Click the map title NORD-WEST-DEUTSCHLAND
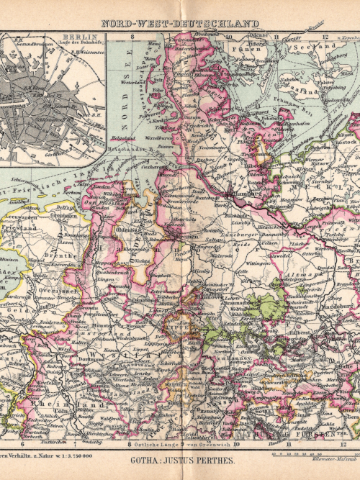pyautogui.click(x=179, y=23)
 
